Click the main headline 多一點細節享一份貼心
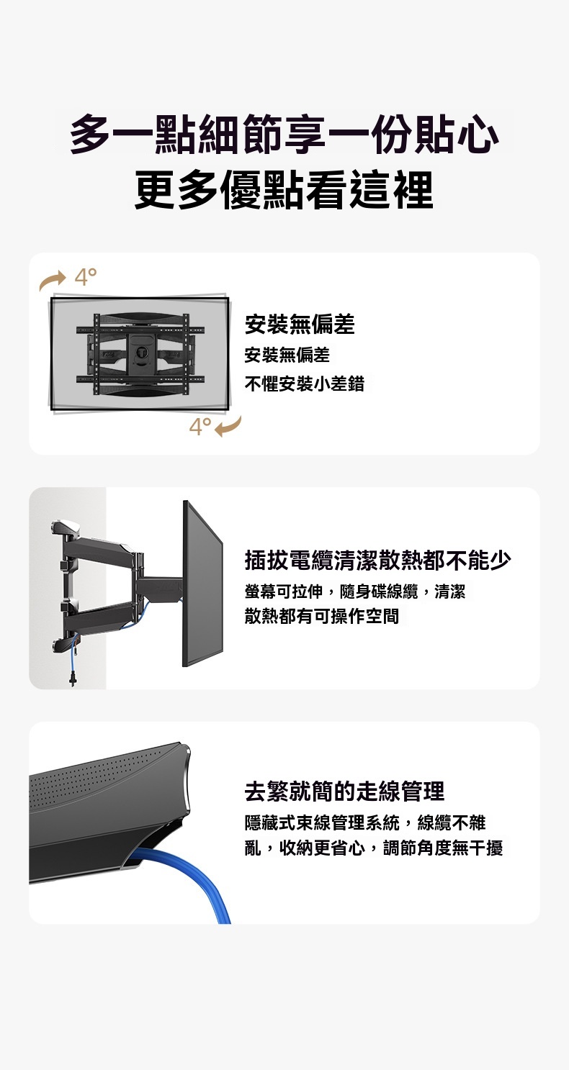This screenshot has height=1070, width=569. [284, 135]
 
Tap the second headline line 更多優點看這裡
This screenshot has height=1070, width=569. [284, 190]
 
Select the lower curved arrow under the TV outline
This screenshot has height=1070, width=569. [228, 427]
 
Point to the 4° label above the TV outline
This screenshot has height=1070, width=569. [86, 276]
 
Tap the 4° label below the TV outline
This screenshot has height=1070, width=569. [200, 427]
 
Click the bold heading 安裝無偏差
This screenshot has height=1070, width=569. [300, 325]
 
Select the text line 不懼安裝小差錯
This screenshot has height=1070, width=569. [305, 383]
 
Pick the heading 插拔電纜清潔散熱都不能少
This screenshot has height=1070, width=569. [377, 560]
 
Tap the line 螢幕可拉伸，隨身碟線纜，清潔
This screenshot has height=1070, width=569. [355, 591]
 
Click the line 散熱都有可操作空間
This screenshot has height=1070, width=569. [322, 616]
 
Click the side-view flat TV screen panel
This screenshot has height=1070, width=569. [202, 584]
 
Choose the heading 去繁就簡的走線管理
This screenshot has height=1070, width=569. [344, 791]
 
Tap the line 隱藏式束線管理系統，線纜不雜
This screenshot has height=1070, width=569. [365, 822]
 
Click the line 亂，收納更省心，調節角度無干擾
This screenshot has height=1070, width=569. [373, 848]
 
